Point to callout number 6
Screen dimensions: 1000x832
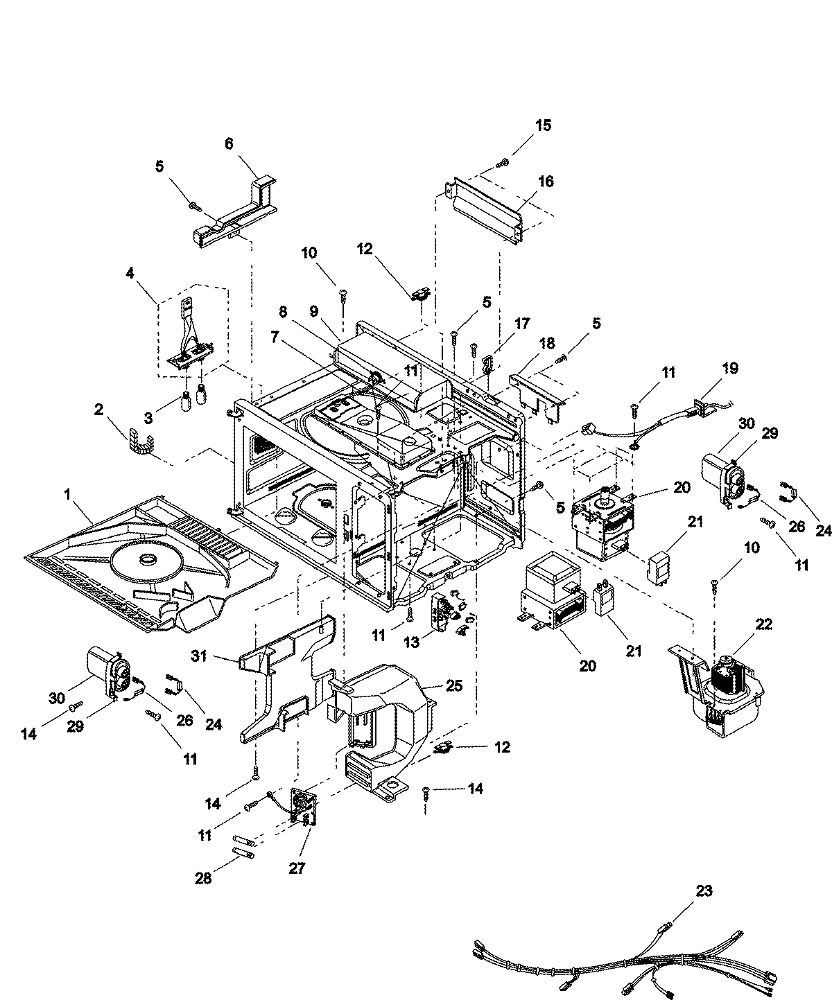pos(229,143)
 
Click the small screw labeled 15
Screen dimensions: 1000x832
pos(503,162)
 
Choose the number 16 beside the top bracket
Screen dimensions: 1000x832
pos(546,181)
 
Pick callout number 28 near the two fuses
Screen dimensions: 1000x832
pos(204,879)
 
